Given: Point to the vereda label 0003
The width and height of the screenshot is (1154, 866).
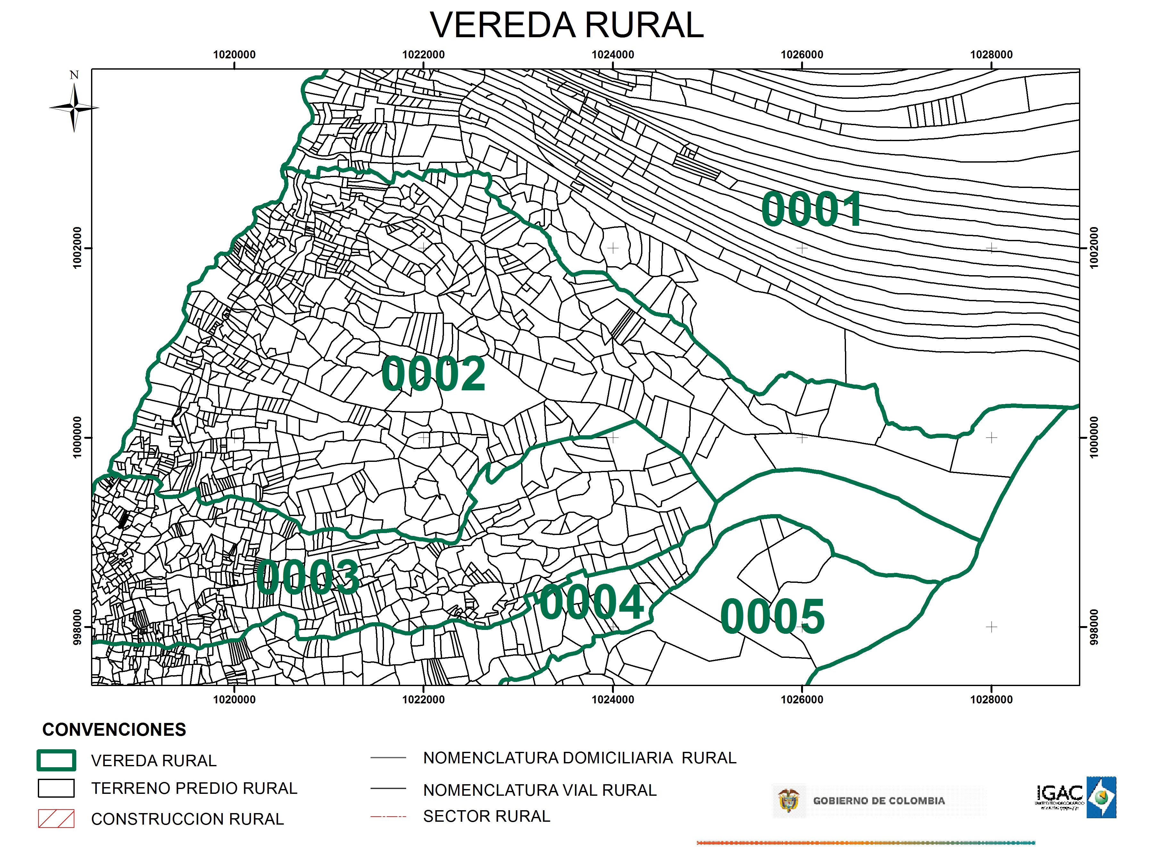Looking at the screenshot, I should (308, 577).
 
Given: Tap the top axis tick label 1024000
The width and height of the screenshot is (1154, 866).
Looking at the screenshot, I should (613, 54).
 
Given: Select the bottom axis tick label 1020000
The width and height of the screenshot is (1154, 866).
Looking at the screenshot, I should (234, 700).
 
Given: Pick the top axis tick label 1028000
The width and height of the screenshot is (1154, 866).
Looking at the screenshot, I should (991, 54).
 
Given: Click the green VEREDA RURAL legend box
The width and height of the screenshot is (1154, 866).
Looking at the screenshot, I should (56, 760).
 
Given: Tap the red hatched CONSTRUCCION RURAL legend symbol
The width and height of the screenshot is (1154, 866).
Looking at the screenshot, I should (56, 819).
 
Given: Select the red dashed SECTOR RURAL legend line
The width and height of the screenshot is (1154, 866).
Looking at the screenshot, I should (388, 816).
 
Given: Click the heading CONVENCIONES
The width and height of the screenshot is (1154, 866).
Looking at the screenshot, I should (114, 729).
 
